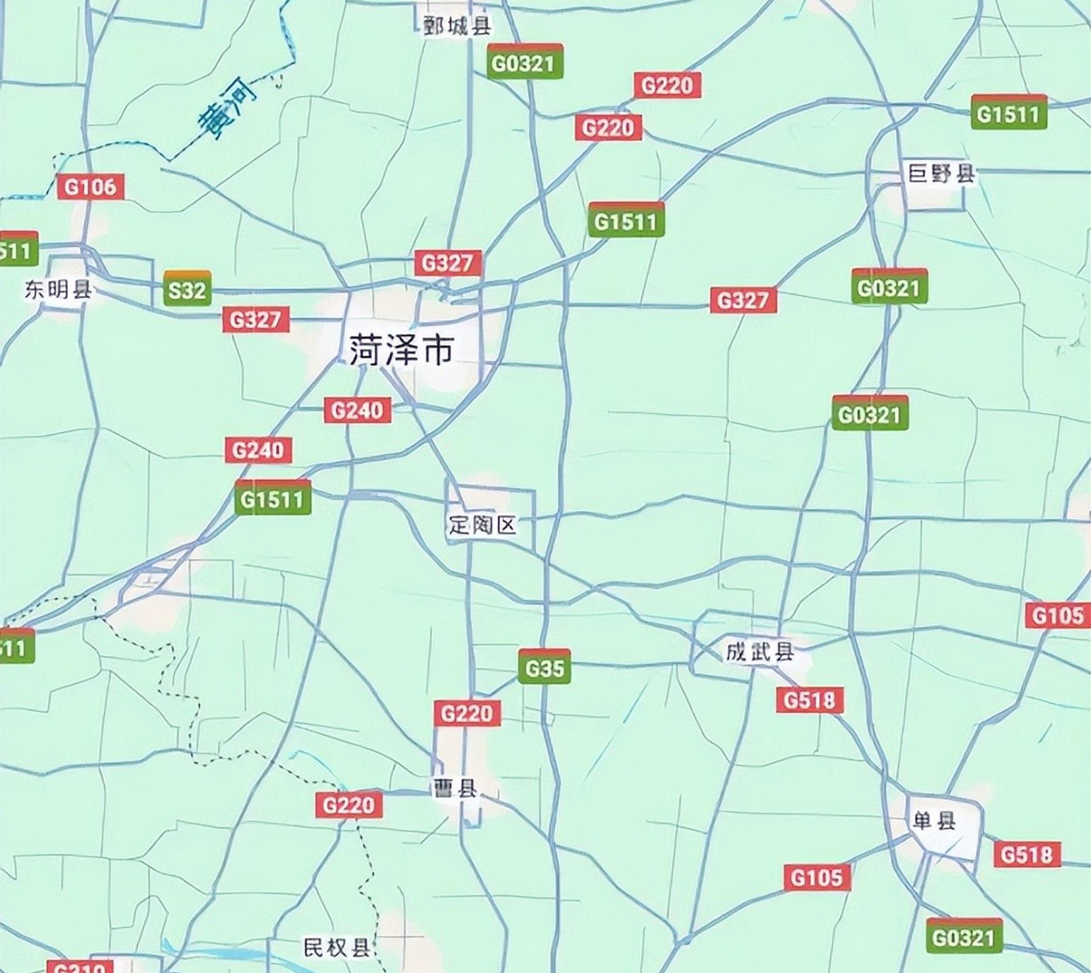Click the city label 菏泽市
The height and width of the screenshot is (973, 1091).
pos(401,350)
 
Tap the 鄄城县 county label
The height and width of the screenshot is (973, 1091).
pos(457,26)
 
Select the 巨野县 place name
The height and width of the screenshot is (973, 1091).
pos(941,174)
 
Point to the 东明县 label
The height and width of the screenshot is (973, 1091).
pos(58,290)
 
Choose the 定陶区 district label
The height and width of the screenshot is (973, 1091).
pos(482,526)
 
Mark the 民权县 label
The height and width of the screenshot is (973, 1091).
pos(336,948)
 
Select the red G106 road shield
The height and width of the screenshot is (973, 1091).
pos(90,187)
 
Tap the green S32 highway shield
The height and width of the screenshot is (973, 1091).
pos(187,290)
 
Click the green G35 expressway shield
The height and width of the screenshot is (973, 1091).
pos(545,668)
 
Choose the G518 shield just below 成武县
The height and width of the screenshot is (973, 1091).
pos(810,701)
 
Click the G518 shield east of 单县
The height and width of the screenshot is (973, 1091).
pos(1027,854)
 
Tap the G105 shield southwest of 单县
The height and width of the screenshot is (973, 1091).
pos(817,877)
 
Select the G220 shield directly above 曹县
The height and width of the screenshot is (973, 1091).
pos(467,714)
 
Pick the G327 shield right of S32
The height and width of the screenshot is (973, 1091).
pos(255,320)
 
